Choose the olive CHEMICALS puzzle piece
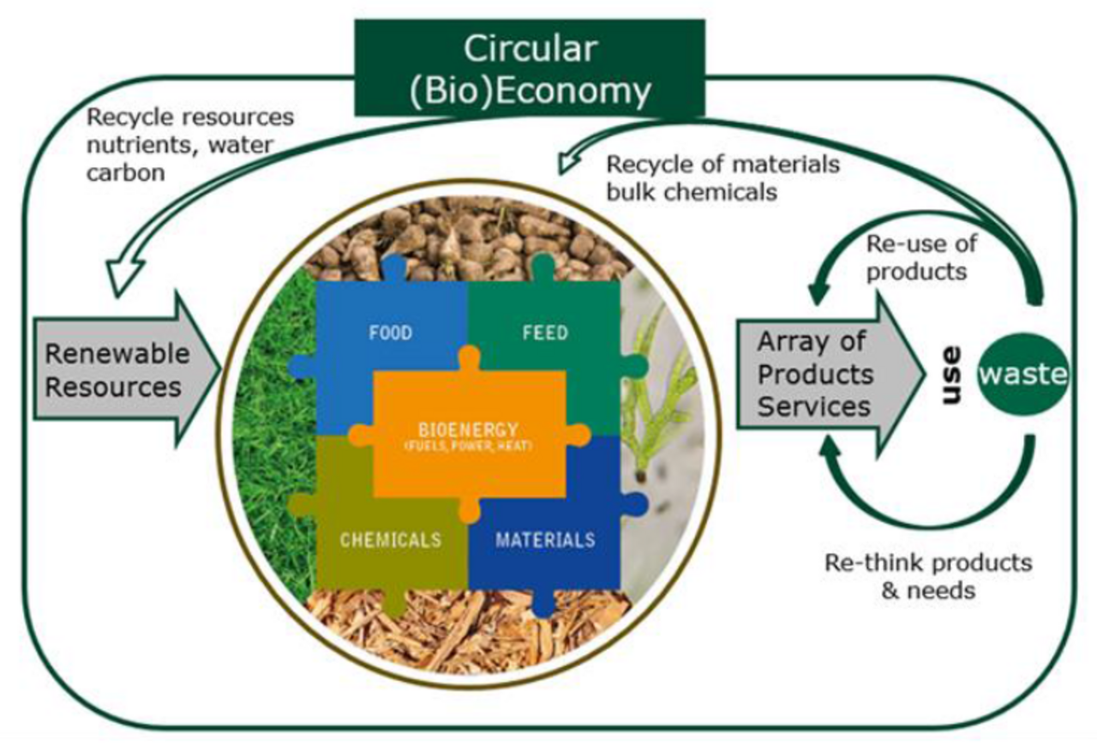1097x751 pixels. point(390,540)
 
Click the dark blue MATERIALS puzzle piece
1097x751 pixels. point(545,540)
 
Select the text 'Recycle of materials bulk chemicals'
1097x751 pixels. point(722,178)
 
